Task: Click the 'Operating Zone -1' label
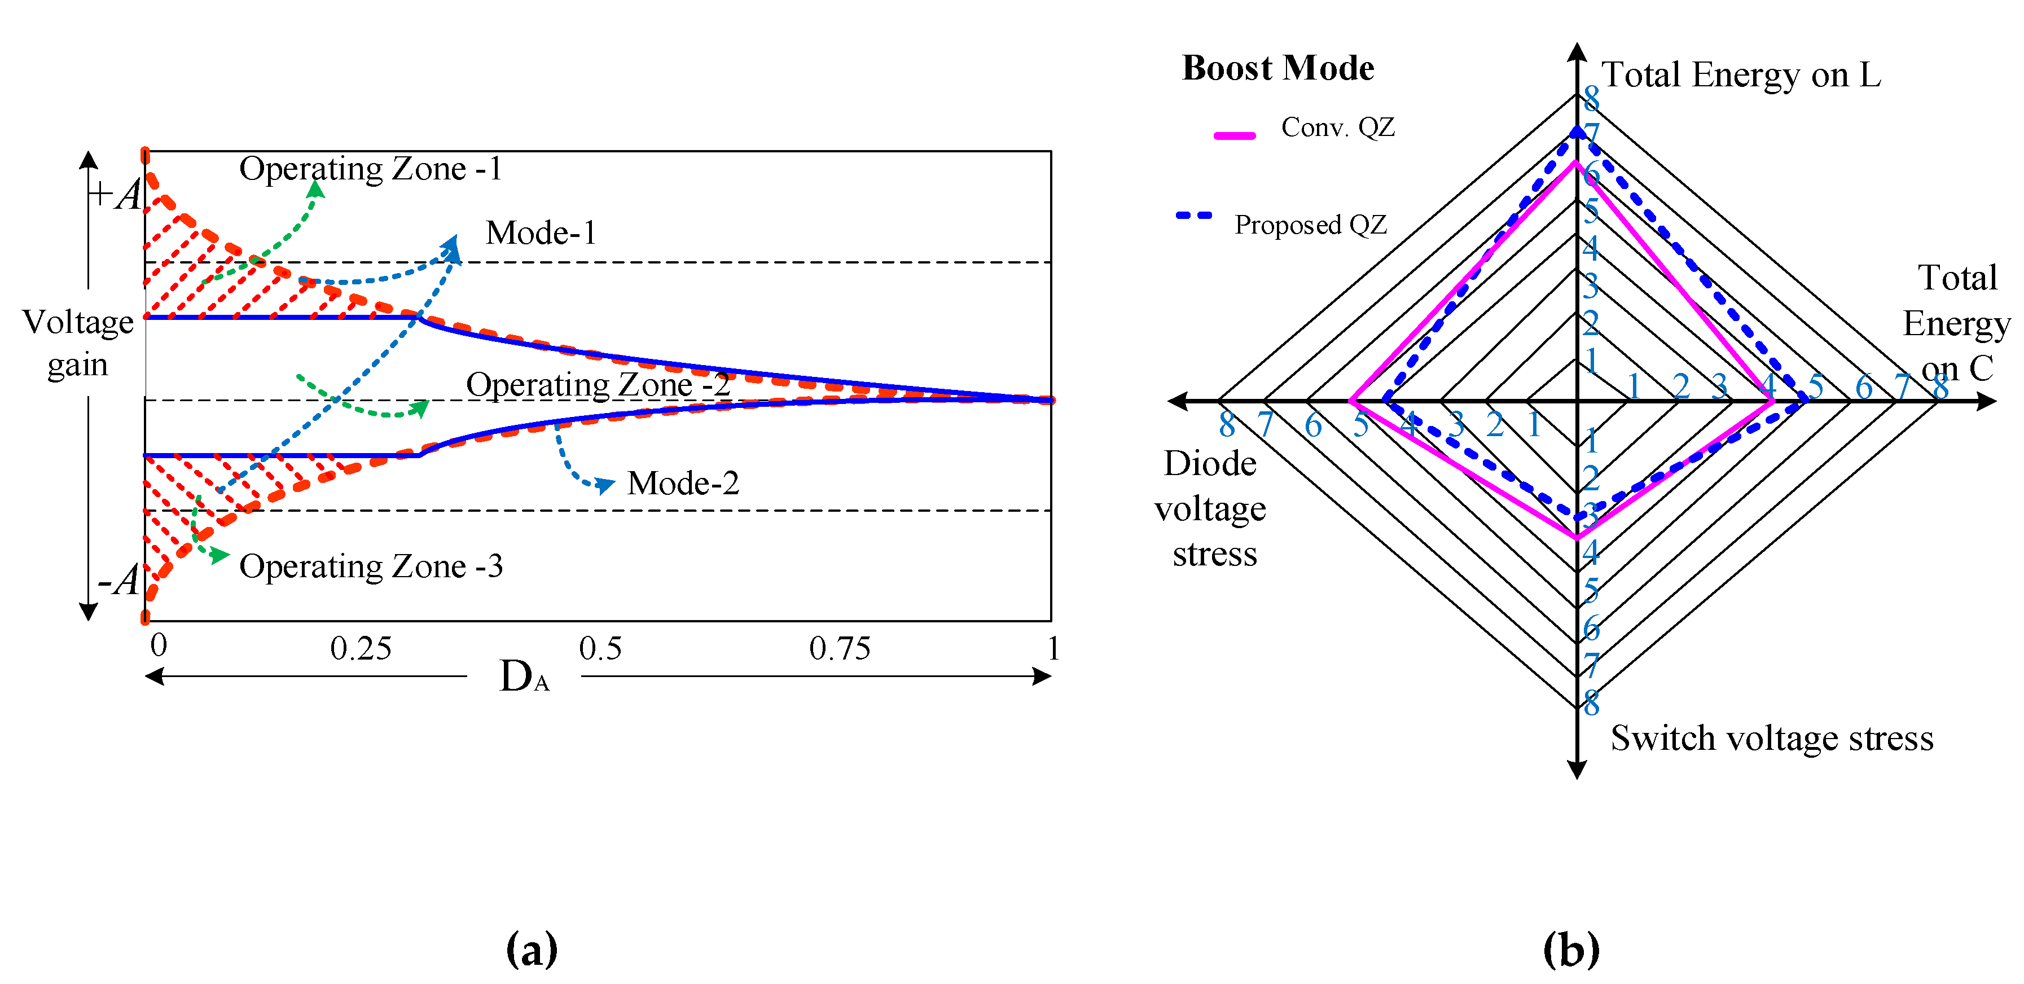[370, 169]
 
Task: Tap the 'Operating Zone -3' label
[371, 566]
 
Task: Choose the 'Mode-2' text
[683, 484]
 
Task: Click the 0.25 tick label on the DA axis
[361, 649]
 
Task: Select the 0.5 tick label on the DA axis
[600, 649]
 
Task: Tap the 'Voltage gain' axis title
[78, 344]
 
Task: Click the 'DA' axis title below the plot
[524, 676]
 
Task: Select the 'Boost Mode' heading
[1279, 68]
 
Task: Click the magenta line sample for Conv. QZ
[1235, 136]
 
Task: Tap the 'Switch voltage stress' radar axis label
[1772, 739]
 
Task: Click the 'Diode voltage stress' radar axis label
[1211, 508]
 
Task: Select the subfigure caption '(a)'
[532, 950]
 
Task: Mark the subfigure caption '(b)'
[1571, 950]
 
